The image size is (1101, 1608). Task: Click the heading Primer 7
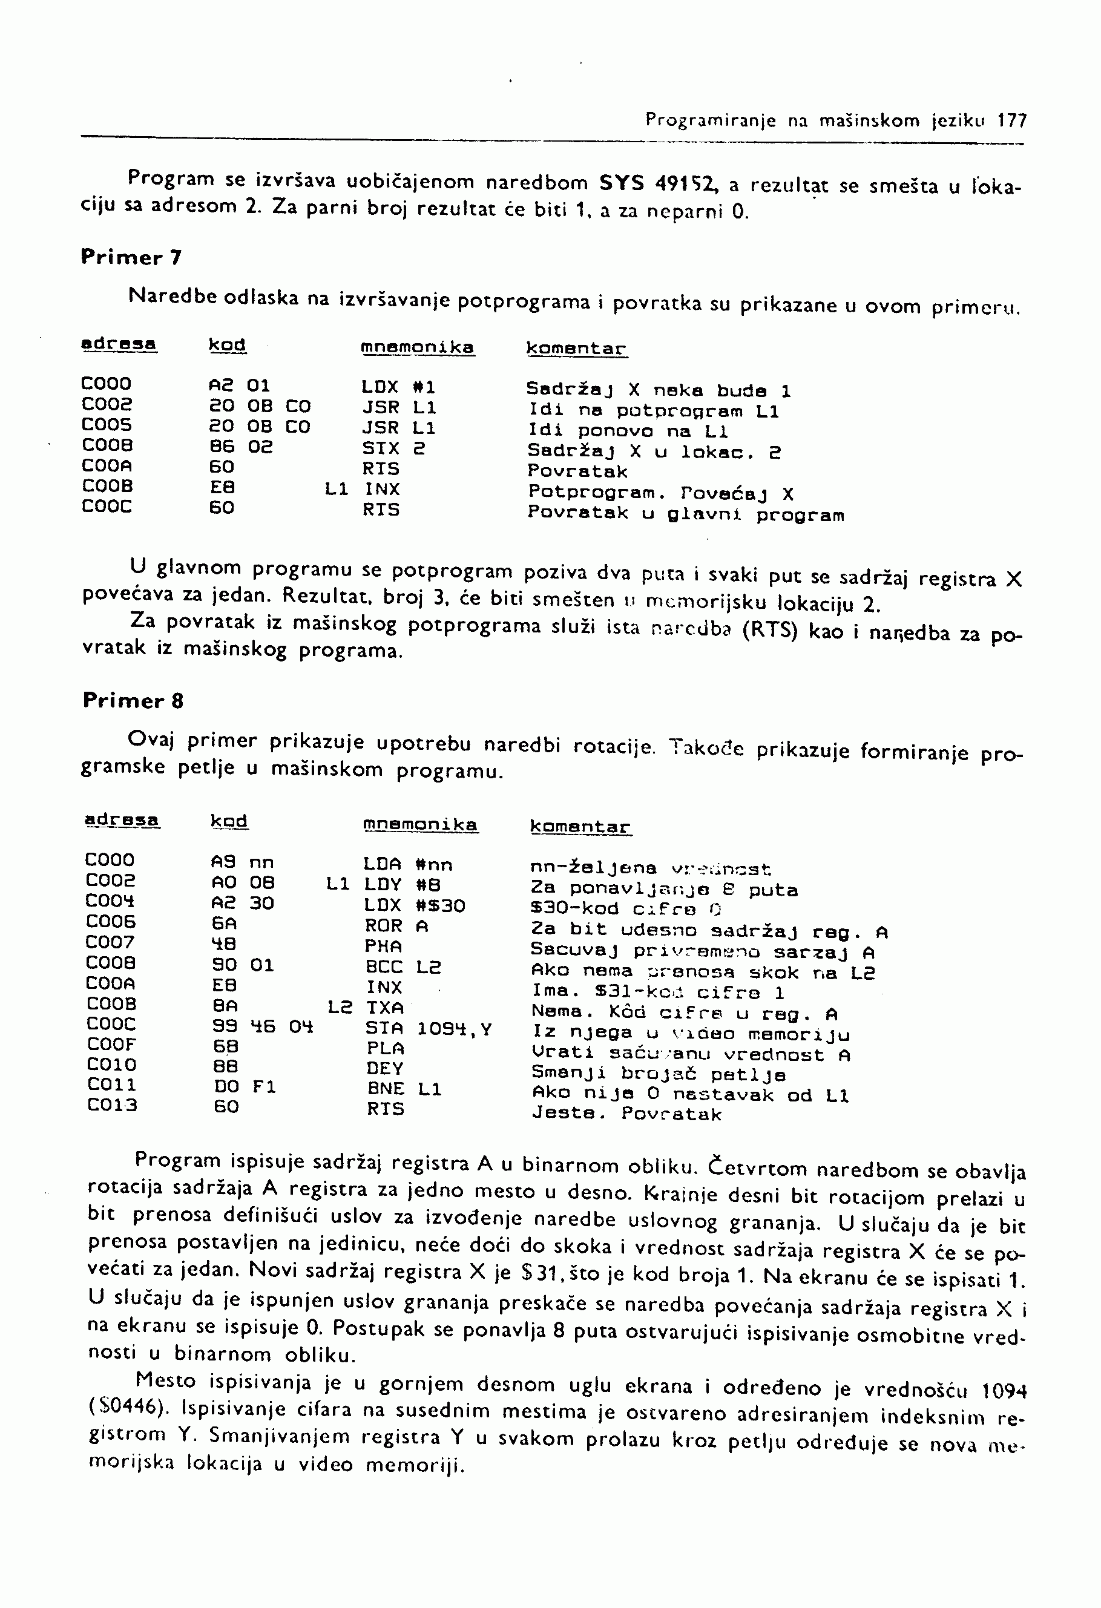[x=131, y=257]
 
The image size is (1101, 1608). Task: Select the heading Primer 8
[x=133, y=700]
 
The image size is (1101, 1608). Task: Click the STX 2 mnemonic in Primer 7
[x=394, y=448]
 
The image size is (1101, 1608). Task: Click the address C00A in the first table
[x=107, y=467]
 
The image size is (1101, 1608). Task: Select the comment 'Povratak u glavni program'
[x=685, y=514]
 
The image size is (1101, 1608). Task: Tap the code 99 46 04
[x=262, y=1027]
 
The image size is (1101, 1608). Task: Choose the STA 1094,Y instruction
[x=429, y=1029]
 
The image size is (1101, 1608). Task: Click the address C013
[x=112, y=1105]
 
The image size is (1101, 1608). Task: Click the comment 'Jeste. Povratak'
[x=626, y=1114]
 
